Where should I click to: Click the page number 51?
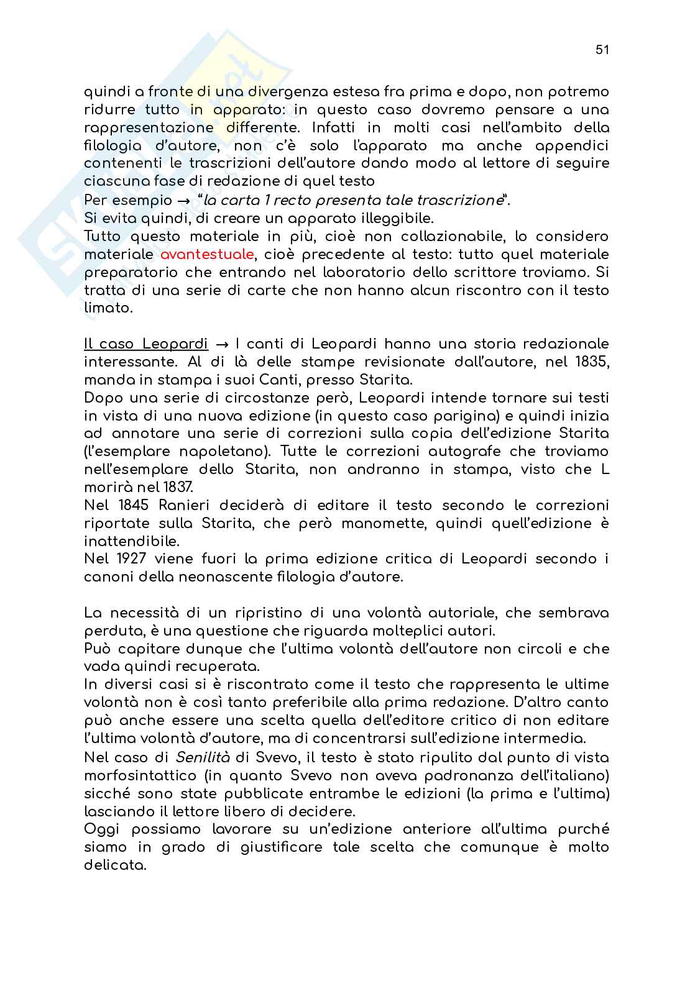pos(601,51)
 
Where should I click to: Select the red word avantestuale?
pos(206,255)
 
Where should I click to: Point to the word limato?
pos(104,309)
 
